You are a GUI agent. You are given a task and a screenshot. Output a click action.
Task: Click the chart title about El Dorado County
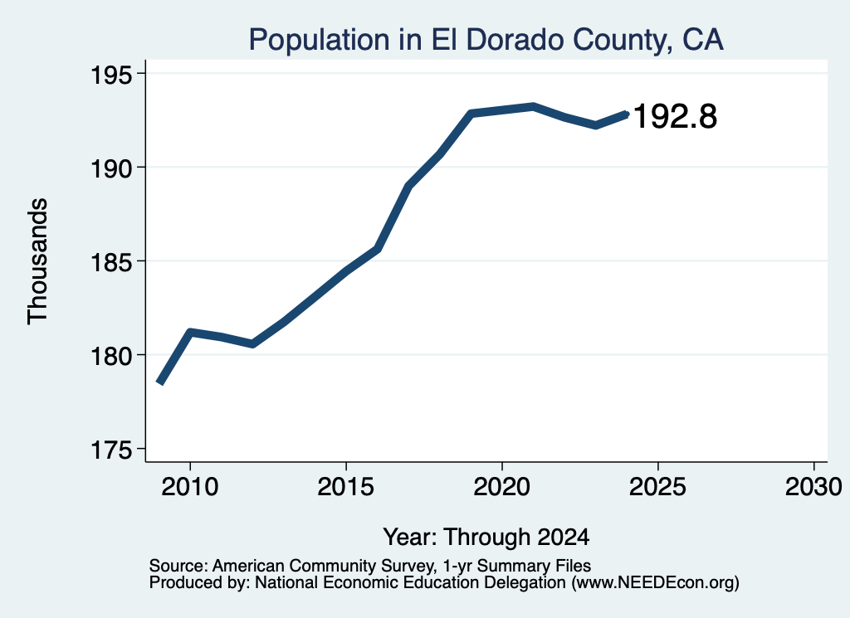point(486,40)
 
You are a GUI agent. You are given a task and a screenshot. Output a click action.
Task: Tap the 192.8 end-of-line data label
point(675,116)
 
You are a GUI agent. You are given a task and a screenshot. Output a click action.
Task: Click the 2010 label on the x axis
point(190,486)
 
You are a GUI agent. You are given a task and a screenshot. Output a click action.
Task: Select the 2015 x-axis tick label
point(346,486)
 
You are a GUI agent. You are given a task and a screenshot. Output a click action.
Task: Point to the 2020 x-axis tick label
point(502,486)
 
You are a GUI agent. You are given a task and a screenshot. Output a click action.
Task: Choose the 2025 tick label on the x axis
point(657,486)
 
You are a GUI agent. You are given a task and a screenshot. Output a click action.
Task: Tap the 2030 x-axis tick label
point(813,486)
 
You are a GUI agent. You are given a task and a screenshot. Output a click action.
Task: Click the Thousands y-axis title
point(38,261)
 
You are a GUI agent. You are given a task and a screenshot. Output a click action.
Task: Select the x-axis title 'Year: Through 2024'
point(486,538)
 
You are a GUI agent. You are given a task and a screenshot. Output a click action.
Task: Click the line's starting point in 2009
point(160,382)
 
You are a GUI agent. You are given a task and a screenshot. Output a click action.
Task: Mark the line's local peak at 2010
point(190,332)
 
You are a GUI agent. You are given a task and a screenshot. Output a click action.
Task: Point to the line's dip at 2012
point(252,344)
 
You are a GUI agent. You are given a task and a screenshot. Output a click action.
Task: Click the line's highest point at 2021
point(534,107)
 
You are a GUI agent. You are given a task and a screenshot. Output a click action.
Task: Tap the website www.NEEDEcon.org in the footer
point(657,583)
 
